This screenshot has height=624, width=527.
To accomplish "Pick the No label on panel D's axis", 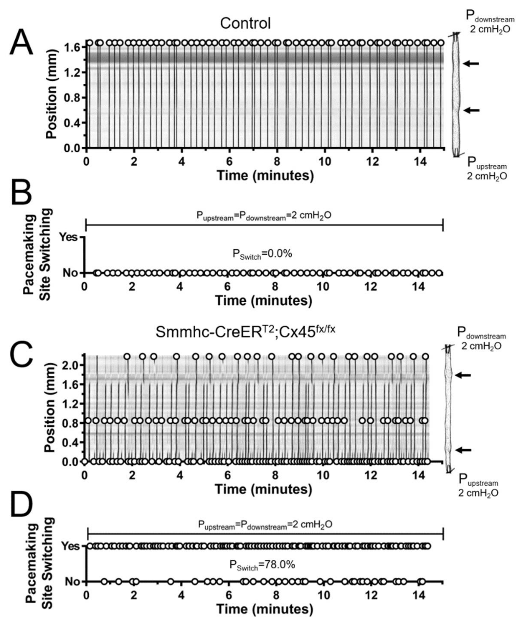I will click(73, 582).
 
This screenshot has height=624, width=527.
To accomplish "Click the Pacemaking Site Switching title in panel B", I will click(37, 254).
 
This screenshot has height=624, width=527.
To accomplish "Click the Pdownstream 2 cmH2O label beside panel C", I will click(481, 341).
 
